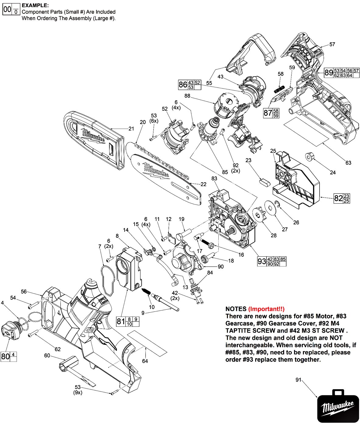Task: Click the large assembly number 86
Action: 183,84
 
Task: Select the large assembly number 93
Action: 262,262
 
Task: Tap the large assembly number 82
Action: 338,198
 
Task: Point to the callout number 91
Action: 298,380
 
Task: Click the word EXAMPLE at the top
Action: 35,5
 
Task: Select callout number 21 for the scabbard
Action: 131,129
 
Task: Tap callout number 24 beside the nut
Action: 333,173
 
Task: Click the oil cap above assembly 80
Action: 10,331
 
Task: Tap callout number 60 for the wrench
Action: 47,355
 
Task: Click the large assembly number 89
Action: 328,73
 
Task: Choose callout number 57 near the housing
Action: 332,45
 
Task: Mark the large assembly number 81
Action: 121,321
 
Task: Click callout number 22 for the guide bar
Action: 203,184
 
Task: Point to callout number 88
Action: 187,96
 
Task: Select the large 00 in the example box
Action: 7,10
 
